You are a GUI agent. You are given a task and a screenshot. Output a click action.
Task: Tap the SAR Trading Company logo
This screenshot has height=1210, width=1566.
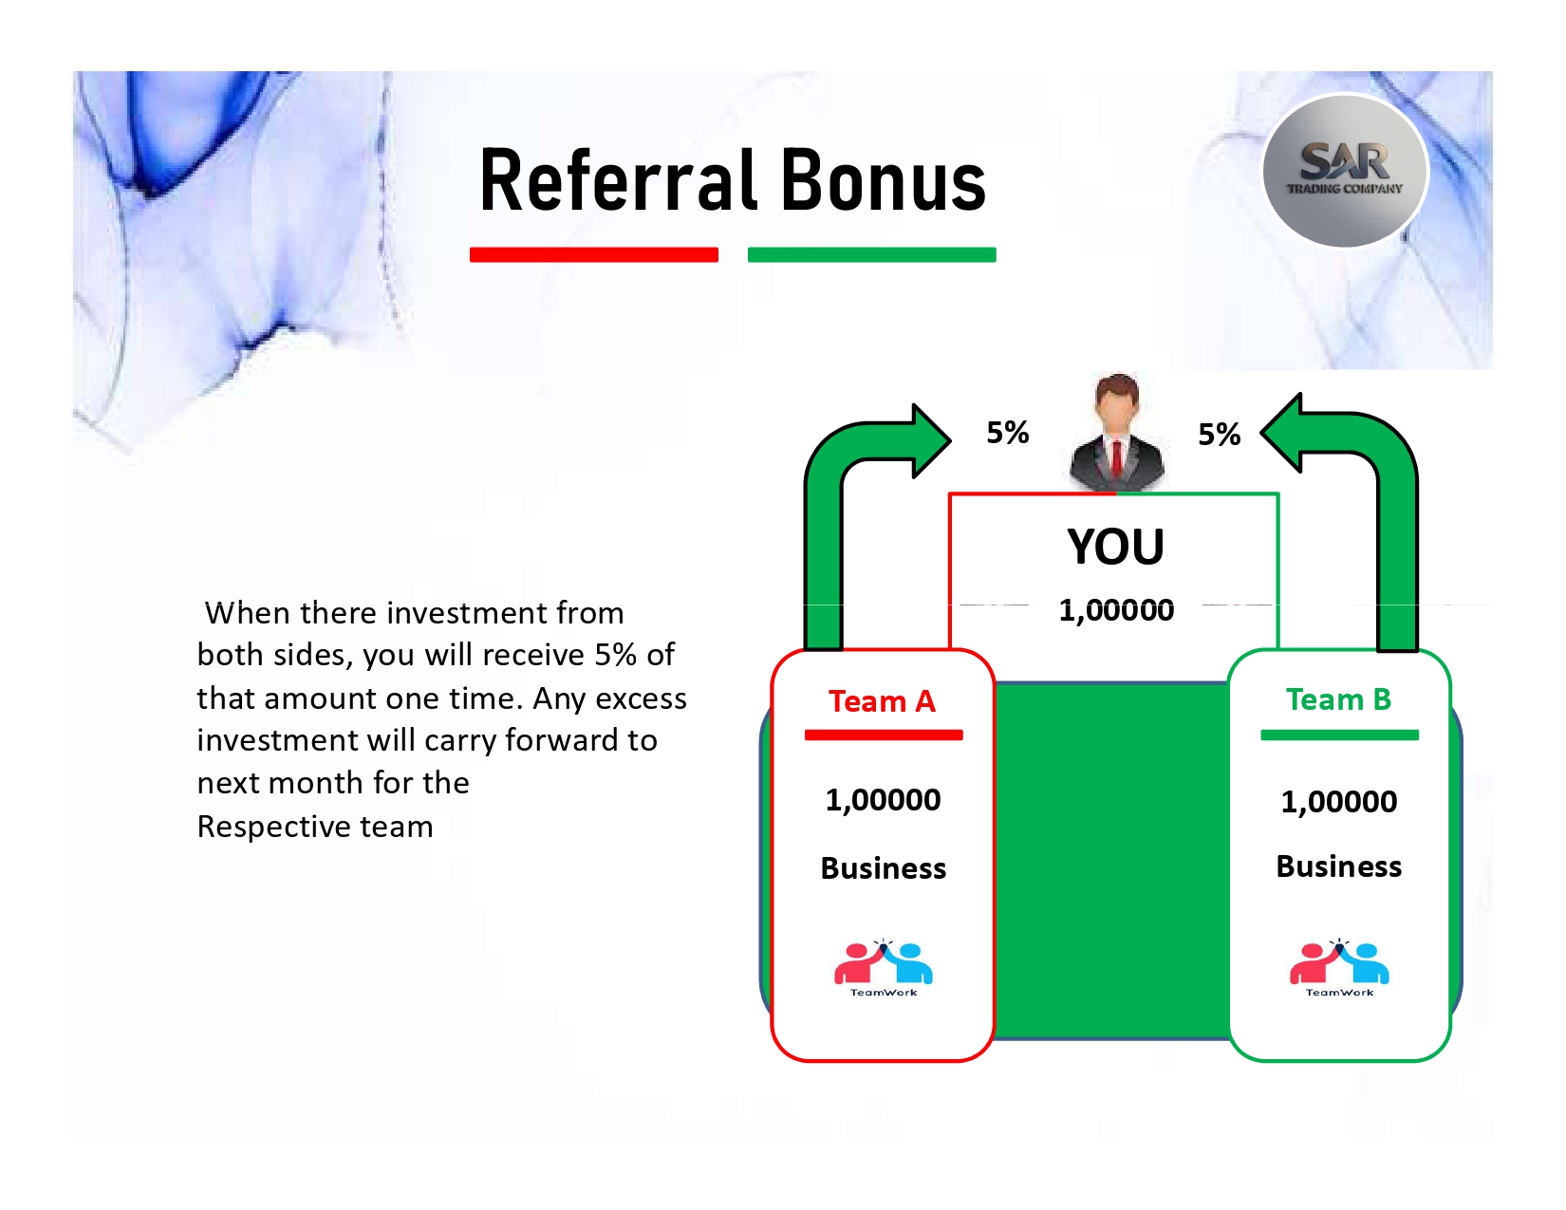tap(1344, 171)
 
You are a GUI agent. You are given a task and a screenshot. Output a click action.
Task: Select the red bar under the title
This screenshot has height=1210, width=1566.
tap(594, 254)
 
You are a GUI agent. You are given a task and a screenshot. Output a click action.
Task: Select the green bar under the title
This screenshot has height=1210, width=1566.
tap(871, 254)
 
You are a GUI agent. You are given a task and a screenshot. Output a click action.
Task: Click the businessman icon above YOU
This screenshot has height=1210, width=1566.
tap(1115, 433)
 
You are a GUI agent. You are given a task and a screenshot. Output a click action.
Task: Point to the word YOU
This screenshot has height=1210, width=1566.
tap(1115, 547)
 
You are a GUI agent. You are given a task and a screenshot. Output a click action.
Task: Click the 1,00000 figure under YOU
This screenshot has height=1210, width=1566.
tap(1115, 609)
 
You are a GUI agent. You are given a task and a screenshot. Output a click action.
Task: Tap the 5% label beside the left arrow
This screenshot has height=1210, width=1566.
tap(1008, 433)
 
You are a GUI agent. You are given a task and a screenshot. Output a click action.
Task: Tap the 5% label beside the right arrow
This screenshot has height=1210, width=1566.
tap(1219, 434)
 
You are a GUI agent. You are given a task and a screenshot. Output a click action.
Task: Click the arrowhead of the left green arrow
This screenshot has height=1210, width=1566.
tap(932, 440)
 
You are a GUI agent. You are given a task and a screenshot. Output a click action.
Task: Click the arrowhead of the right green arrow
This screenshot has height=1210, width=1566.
tap(1280, 433)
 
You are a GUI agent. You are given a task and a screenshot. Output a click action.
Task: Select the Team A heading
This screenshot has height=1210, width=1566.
tap(882, 701)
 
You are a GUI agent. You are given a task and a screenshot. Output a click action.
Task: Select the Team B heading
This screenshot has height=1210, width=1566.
tap(1338, 699)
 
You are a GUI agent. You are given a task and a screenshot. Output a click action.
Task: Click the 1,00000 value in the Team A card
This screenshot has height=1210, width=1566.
tap(883, 800)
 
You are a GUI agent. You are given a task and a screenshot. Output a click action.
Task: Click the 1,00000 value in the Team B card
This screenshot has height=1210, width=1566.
tap(1339, 801)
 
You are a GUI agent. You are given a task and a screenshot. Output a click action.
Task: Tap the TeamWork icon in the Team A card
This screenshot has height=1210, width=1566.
tap(883, 968)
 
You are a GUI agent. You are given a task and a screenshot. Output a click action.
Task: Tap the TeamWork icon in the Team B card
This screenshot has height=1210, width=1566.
tap(1339, 968)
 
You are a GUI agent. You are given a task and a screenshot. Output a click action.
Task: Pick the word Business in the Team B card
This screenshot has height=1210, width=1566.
tap(1338, 866)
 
